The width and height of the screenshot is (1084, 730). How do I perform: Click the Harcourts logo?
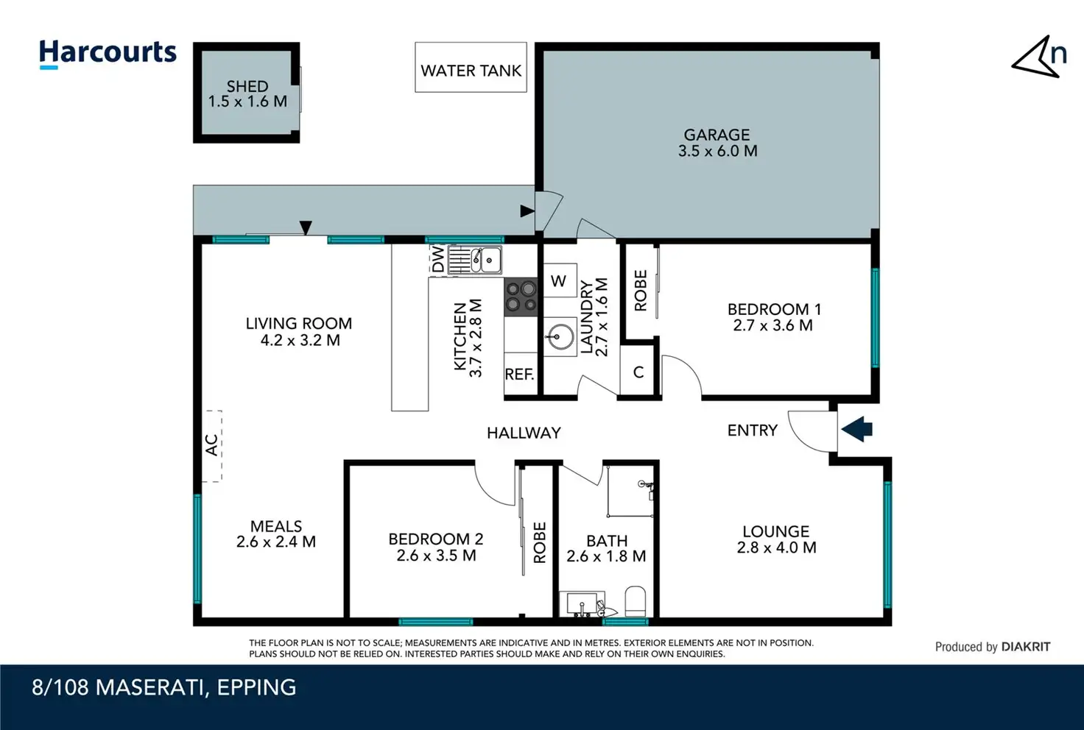pos(108,54)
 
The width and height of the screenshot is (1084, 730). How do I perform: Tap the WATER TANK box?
pos(471,67)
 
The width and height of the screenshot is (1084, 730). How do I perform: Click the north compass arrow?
pos(1035,57)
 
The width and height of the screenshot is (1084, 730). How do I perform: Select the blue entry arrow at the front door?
pos(856,429)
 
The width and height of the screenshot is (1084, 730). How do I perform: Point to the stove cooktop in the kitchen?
pos(521,297)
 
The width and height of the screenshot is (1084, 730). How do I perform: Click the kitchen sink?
pos(475,260)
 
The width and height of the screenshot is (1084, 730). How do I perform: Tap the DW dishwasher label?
pos(438,259)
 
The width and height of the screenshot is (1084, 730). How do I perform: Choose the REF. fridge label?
pos(519,374)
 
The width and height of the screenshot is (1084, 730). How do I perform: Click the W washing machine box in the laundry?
pos(559,280)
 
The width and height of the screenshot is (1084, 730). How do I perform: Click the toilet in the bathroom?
pos(636,601)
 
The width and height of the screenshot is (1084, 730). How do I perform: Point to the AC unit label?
pos(212,444)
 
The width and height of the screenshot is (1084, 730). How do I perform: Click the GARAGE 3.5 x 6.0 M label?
pos(717,143)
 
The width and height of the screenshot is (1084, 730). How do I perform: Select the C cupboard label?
pos(638,372)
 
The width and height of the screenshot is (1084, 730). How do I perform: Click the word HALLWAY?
pos(524,433)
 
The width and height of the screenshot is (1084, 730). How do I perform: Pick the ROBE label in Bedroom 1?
pos(640,291)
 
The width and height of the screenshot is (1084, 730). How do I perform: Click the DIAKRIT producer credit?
pos(1026,647)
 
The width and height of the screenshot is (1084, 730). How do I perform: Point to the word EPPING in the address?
pos(256,687)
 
